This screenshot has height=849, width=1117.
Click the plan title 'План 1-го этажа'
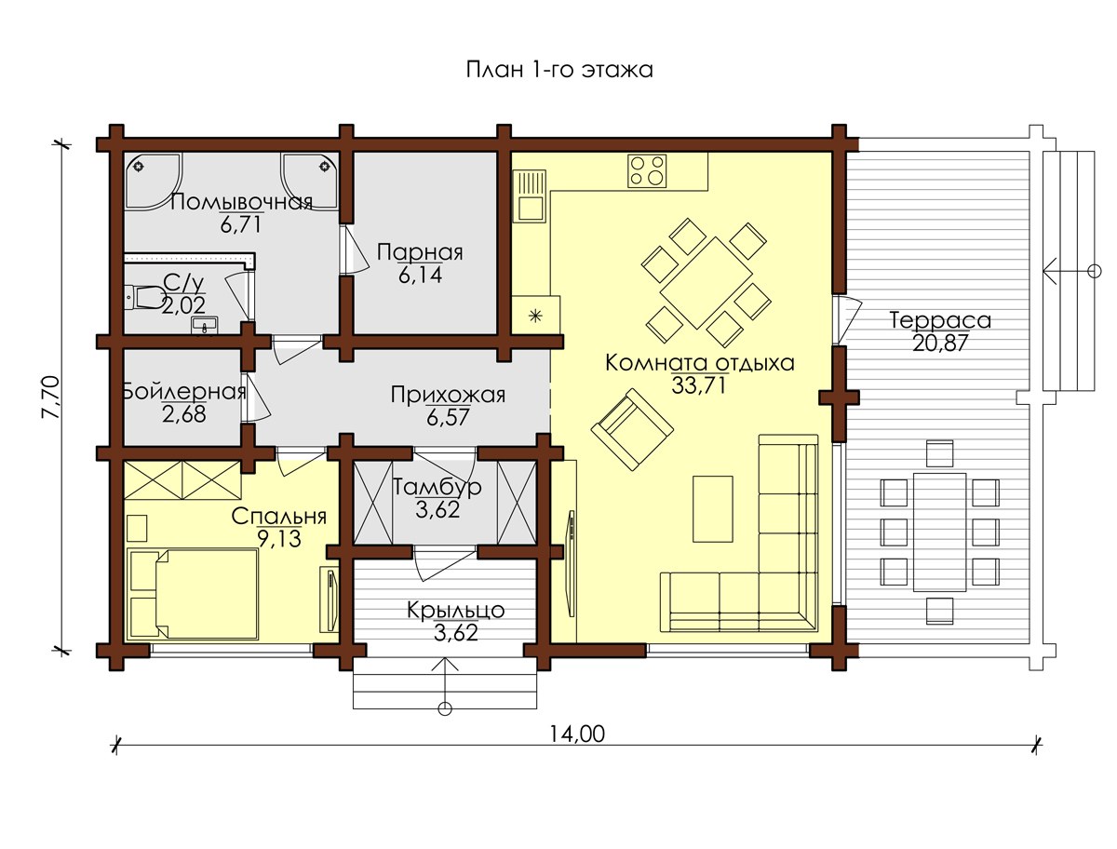click(559, 70)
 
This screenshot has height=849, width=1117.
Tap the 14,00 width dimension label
click(577, 734)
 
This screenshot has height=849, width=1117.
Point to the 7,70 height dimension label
click(51, 398)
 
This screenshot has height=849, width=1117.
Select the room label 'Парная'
click(420, 252)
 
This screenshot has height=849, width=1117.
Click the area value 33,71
click(698, 385)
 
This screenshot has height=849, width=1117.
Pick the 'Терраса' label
click(940, 320)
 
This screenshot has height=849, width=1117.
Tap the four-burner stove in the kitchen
click(646, 170)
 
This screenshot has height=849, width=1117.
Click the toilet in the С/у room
click(144, 297)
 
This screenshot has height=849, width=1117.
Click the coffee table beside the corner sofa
click(712, 508)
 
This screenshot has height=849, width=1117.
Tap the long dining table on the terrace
click(939, 532)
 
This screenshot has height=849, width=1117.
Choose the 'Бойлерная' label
click(184, 392)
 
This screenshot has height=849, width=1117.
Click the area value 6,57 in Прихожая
click(448, 418)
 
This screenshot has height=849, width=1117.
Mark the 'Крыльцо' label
click(455, 610)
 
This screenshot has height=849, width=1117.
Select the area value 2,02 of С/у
click(183, 305)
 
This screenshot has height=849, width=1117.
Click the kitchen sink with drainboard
click(530, 196)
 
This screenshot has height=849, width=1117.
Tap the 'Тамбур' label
click(437, 487)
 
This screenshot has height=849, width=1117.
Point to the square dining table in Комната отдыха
click(706, 283)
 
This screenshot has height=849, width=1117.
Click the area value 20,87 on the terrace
click(940, 344)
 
